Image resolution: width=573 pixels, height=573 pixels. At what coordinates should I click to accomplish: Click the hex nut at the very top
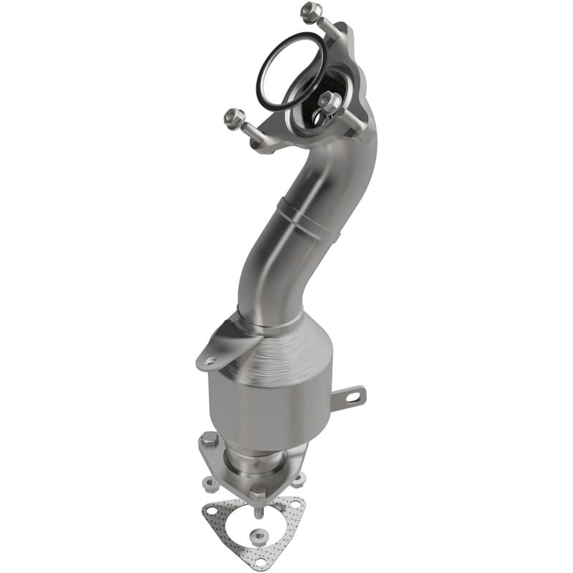coord(311,11)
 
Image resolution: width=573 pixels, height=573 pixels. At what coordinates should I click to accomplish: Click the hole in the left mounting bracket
coord(209,360)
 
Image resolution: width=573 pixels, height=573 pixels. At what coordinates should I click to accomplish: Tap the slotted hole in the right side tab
coord(354,395)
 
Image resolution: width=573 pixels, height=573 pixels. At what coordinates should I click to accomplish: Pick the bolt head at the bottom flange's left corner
coord(208,439)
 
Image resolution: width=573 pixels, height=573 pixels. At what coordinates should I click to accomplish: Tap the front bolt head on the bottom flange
coord(256,493)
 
